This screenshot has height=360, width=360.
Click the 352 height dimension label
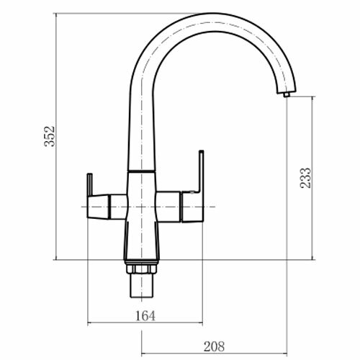tap(50, 136)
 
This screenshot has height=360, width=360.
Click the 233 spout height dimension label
tap(305, 178)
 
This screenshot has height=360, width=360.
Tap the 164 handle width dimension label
tap(145, 316)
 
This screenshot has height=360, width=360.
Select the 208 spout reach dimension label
tap(214, 346)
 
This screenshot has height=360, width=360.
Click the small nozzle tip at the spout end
tap(287, 94)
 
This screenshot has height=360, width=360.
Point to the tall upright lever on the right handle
tap(201, 171)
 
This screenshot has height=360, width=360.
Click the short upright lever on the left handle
tap(89, 184)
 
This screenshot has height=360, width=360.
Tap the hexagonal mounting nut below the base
tap(141, 269)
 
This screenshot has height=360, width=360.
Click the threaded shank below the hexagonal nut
tap(141, 285)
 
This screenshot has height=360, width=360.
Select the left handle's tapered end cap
tap(98, 207)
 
